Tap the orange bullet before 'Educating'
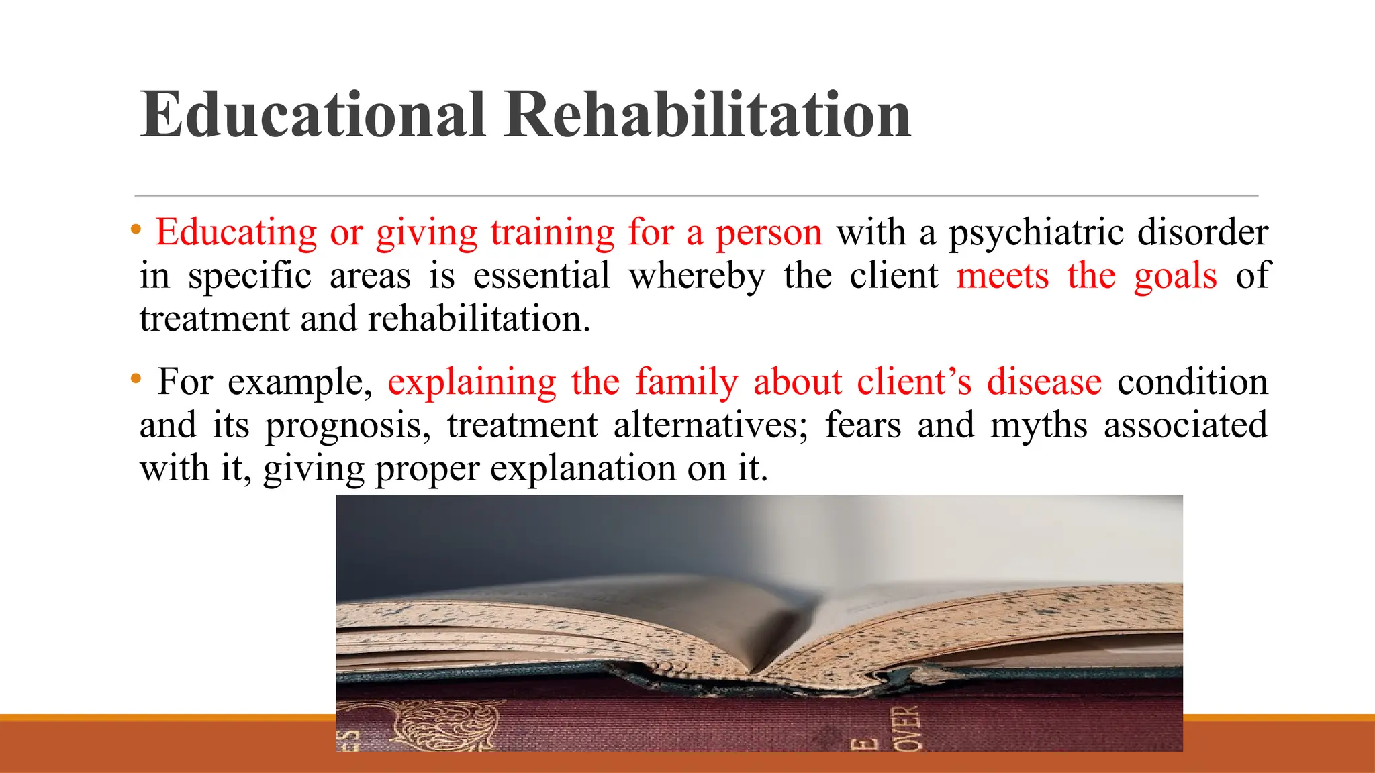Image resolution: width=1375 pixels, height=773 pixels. (136, 229)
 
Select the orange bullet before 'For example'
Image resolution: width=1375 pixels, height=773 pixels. (136, 379)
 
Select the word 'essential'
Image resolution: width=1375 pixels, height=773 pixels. (541, 276)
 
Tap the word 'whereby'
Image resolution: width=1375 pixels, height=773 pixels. (697, 276)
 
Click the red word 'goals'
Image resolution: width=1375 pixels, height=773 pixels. (1175, 276)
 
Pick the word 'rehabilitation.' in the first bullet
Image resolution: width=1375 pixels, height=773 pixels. (479, 319)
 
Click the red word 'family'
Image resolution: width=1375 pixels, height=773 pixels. (686, 382)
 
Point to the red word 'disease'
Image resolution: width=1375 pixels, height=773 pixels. (1044, 382)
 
